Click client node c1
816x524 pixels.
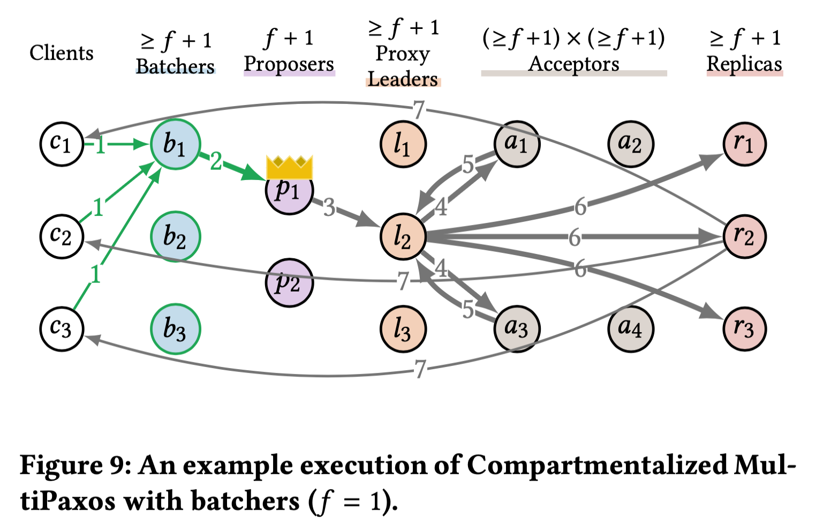(x=62, y=144)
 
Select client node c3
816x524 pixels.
(x=62, y=328)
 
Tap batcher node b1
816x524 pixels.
(x=175, y=144)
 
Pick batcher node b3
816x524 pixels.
(x=175, y=329)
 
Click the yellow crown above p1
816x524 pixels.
(x=289, y=167)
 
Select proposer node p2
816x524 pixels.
(x=289, y=282)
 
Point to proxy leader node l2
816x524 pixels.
(x=403, y=236)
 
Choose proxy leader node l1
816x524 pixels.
(x=403, y=144)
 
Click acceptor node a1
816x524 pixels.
(x=517, y=144)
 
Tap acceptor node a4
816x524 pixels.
(x=631, y=328)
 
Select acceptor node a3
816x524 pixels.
(x=517, y=328)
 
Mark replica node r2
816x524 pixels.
(x=744, y=236)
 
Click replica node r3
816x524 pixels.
(x=744, y=328)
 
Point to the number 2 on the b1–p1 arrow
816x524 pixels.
(x=216, y=161)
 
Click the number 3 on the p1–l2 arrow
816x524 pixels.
(x=329, y=207)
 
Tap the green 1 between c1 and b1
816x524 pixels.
(x=100, y=145)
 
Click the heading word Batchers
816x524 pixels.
(x=175, y=66)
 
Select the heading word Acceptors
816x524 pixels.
(x=573, y=64)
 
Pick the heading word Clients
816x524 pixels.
(x=62, y=53)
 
